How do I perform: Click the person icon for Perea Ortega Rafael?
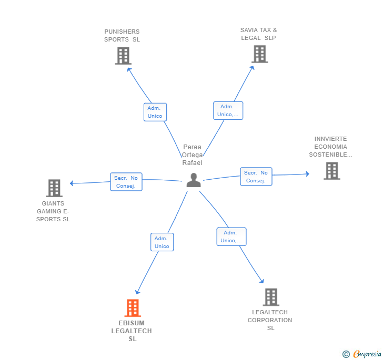pyautogui.click(x=194, y=180)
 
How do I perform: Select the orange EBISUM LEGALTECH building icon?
pyautogui.click(x=133, y=308)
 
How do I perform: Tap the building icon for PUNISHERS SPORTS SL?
pyautogui.click(x=123, y=56)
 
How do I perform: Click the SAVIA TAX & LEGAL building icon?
pyautogui.click(x=259, y=54)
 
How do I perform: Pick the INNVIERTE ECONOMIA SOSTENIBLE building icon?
pyautogui.click(x=331, y=171)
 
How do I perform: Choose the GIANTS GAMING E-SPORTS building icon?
pyautogui.click(x=54, y=188)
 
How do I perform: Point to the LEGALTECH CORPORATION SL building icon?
pyautogui.click(x=270, y=297)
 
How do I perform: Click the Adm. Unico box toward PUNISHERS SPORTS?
pyautogui.click(x=155, y=112)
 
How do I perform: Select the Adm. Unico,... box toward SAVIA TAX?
pyautogui.click(x=228, y=110)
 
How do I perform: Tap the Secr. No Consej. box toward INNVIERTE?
pyautogui.click(x=256, y=177)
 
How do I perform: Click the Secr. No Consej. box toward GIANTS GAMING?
pyautogui.click(x=126, y=182)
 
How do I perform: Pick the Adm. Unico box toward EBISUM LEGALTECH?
pyautogui.click(x=162, y=242)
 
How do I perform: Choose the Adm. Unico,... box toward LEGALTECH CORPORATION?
pyautogui.click(x=231, y=236)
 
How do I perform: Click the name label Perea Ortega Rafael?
pyautogui.click(x=193, y=155)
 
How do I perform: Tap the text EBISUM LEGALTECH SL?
pyautogui.click(x=132, y=331)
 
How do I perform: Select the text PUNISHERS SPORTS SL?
pyautogui.click(x=122, y=36)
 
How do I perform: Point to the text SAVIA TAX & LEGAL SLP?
pyautogui.click(x=259, y=34)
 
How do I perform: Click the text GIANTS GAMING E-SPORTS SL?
pyautogui.click(x=53, y=211)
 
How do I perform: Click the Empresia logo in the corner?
pyautogui.click(x=362, y=354)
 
